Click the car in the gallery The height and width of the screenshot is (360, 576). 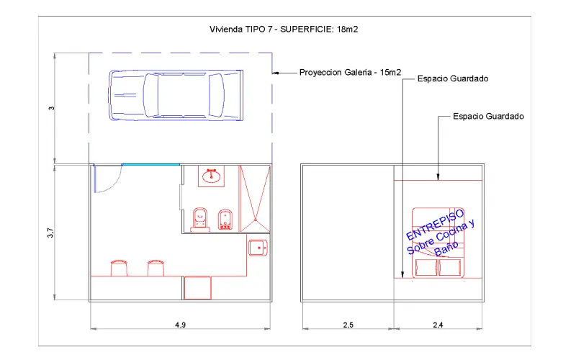(176, 95)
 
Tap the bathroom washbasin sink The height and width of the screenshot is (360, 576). (211, 176)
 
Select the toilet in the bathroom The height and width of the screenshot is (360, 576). (200, 220)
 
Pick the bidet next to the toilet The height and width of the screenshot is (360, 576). (225, 220)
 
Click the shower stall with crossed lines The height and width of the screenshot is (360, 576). (255, 199)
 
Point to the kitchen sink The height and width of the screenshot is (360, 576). (258, 248)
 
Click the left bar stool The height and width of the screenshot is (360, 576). (119, 268)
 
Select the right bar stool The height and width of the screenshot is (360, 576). (156, 268)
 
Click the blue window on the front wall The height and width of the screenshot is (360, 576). (150, 165)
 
